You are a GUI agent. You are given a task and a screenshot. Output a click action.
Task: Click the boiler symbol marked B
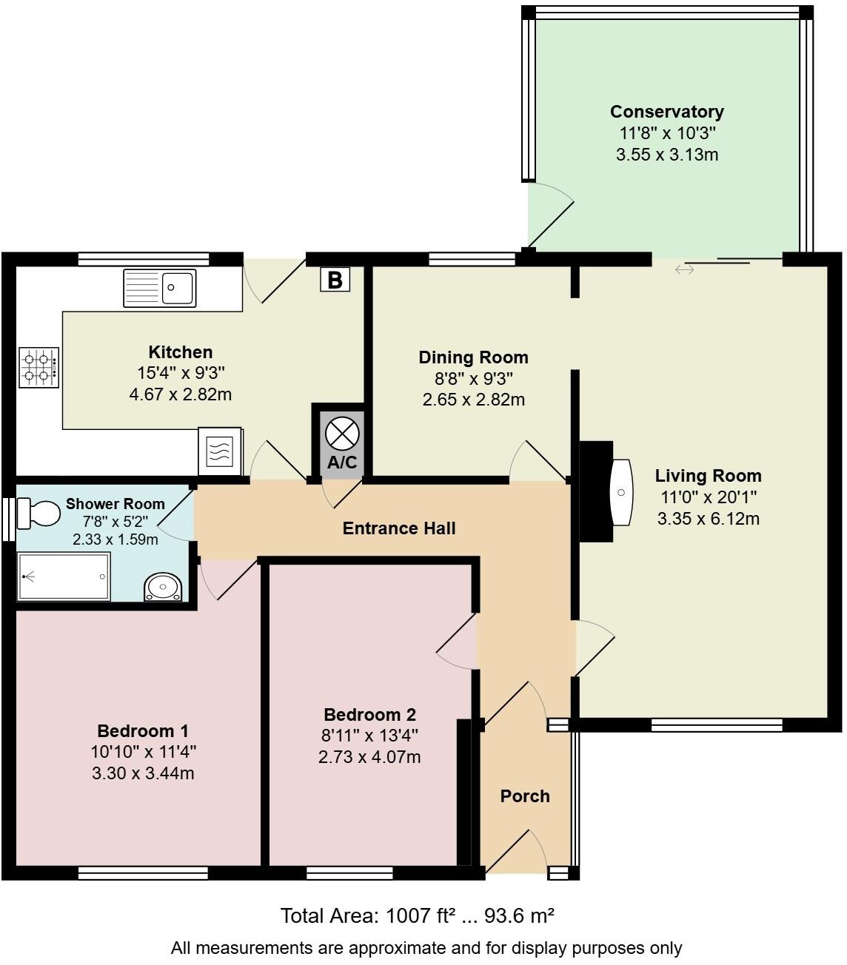(x=335, y=280)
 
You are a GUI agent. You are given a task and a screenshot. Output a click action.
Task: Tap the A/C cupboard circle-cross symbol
(x=341, y=434)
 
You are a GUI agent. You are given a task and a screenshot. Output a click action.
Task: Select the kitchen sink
(x=160, y=288)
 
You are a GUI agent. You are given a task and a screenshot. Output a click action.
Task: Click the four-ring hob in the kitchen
(x=39, y=368)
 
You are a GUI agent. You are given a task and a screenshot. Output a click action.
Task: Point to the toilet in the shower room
(x=38, y=513)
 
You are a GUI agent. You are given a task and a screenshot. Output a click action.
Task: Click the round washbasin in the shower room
(x=162, y=587)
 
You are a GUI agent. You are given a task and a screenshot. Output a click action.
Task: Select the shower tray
(x=64, y=576)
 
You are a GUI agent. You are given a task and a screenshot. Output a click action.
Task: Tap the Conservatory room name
(x=666, y=112)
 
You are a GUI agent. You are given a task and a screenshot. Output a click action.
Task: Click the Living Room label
(x=708, y=476)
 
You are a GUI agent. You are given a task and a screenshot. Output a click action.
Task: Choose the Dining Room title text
(x=473, y=357)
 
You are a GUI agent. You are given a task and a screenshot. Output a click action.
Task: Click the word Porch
(x=525, y=796)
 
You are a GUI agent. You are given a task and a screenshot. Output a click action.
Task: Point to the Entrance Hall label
(x=399, y=528)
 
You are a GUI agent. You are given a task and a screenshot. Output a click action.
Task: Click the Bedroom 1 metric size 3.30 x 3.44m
(x=143, y=773)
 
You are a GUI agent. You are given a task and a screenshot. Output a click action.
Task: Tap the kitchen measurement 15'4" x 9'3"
(x=180, y=373)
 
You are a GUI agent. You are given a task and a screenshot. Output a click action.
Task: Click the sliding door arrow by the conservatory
(x=684, y=269)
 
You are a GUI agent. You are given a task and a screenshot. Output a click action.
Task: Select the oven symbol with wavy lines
(x=219, y=451)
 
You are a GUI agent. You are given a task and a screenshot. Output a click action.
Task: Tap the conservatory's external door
(x=549, y=215)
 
